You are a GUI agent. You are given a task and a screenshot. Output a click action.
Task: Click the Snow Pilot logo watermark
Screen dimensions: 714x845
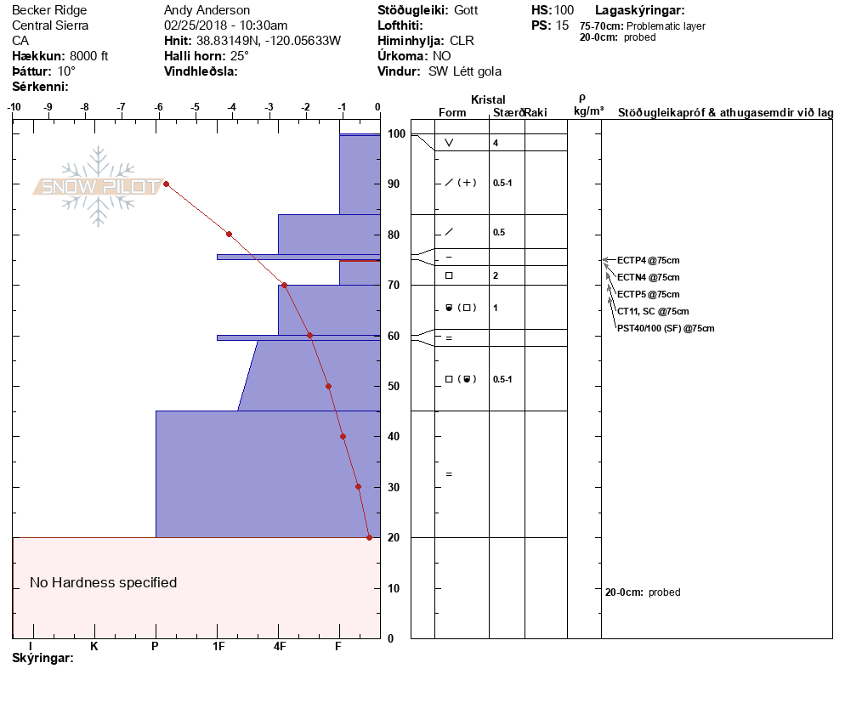tap(98, 186)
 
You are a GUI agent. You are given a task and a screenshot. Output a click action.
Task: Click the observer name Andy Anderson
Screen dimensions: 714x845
tap(207, 10)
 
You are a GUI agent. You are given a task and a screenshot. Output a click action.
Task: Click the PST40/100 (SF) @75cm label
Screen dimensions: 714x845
tap(666, 328)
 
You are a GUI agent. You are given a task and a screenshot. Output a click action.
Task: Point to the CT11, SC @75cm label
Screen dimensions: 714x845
tap(653, 311)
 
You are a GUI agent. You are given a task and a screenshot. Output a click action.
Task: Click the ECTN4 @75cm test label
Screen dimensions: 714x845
tap(648, 277)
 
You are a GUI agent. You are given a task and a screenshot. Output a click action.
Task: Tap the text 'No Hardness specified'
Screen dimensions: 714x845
tap(103, 582)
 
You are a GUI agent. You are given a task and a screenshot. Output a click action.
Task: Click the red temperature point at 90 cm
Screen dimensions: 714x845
tap(166, 184)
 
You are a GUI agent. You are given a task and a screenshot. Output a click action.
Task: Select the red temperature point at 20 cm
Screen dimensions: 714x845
tap(369, 537)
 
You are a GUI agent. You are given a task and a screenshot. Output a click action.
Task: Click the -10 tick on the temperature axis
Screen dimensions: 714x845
tap(14, 107)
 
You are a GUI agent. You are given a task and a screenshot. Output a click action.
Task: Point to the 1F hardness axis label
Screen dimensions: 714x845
tap(218, 646)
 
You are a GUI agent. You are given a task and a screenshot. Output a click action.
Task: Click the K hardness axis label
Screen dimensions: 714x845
tap(94, 646)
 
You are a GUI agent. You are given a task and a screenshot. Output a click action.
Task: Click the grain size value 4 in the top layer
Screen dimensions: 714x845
tap(496, 143)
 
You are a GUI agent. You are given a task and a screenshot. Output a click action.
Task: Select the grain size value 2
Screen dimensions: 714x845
tap(496, 275)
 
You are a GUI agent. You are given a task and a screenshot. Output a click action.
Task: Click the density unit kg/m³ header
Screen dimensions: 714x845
tap(588, 111)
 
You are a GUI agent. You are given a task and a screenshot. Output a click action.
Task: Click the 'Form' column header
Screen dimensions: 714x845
tap(451, 113)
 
